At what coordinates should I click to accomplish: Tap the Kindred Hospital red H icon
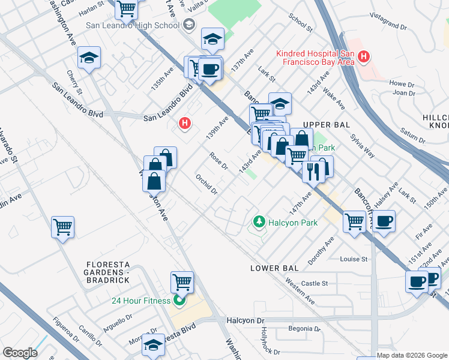(x=363, y=58)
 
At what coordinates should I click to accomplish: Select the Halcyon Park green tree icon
(x=259, y=222)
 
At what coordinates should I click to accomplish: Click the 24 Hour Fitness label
(x=140, y=301)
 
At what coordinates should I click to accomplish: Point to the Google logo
(x=20, y=353)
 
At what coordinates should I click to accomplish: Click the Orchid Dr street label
(x=206, y=184)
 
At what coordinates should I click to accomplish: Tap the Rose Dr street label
(x=218, y=161)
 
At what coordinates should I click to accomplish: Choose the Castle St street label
(x=315, y=283)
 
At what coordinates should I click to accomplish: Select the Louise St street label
(x=354, y=259)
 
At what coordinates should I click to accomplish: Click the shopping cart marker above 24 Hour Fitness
(x=182, y=281)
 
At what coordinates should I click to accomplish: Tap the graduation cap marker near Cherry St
(x=89, y=58)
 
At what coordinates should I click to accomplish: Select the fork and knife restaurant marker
(x=313, y=171)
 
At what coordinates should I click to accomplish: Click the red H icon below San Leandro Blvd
(x=185, y=124)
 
